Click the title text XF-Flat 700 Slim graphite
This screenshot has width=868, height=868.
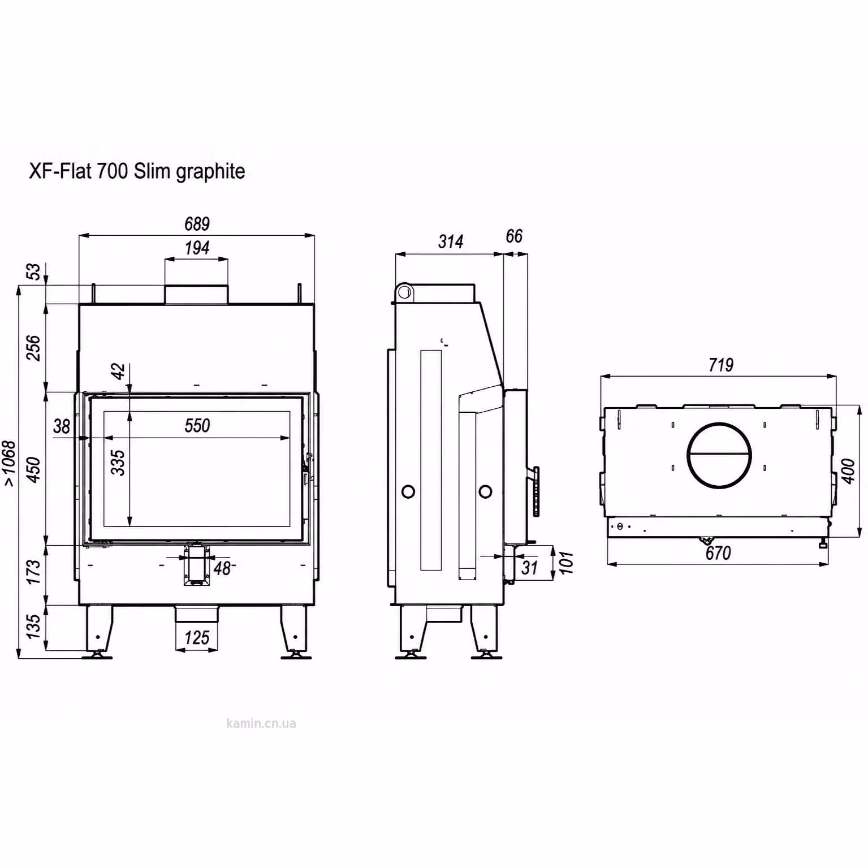(137, 171)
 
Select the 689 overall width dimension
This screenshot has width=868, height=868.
(197, 224)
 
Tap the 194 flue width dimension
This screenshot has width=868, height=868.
(197, 248)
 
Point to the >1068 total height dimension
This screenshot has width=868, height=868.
(10, 463)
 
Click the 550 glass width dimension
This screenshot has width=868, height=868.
(197, 425)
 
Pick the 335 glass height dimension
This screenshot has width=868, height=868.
(118, 462)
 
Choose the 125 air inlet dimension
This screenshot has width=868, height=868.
(197, 638)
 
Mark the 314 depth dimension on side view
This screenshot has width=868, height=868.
(451, 241)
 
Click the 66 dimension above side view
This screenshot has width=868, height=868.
(514, 236)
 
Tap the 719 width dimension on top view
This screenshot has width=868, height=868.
(721, 365)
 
